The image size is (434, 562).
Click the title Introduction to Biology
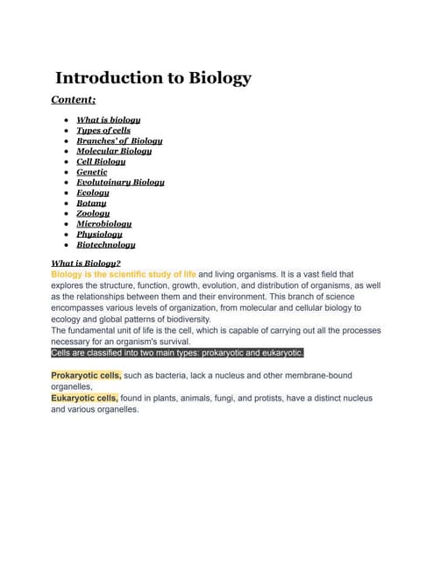click(x=153, y=78)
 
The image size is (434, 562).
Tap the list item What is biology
click(x=109, y=119)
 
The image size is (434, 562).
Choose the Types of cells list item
click(x=103, y=130)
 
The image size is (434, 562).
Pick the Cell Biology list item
click(x=101, y=162)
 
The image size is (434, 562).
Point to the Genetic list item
click(x=92, y=172)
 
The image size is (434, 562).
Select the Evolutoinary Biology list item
click(x=120, y=183)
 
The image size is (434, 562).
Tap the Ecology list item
click(x=93, y=193)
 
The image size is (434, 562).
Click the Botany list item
click(x=92, y=203)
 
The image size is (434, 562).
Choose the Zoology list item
click(x=93, y=213)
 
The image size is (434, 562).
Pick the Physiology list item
click(x=99, y=234)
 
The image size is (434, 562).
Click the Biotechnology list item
click(x=106, y=245)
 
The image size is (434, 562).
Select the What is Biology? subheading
click(x=86, y=263)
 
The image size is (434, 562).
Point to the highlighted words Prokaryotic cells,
click(x=86, y=375)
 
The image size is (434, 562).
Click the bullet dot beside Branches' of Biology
click(x=67, y=140)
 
